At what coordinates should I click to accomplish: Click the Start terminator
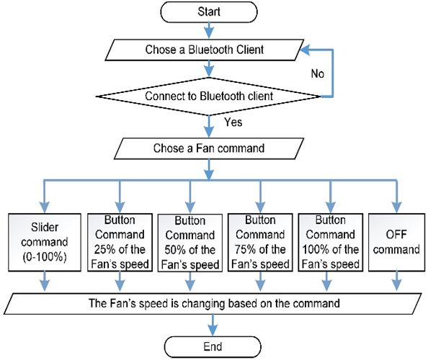(209, 12)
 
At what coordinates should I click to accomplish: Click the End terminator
(213, 346)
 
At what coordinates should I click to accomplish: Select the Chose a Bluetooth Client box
(205, 50)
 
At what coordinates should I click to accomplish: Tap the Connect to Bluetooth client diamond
(209, 96)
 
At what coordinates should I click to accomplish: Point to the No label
(318, 73)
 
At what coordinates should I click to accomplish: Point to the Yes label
(233, 122)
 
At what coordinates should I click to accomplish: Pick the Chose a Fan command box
(209, 148)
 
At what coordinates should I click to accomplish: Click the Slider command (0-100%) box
(45, 242)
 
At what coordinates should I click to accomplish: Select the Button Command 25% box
(120, 242)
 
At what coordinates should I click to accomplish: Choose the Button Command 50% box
(190, 243)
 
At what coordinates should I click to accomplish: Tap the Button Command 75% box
(260, 242)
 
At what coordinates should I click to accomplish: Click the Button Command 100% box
(331, 242)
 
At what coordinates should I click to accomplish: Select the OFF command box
(396, 242)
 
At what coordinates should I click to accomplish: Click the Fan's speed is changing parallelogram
(213, 304)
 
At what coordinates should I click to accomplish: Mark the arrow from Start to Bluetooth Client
(209, 30)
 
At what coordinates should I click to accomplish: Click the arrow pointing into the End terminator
(213, 325)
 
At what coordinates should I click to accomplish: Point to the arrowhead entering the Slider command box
(45, 207)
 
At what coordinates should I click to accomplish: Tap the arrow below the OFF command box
(396, 281)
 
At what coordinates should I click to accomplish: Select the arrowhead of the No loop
(306, 50)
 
